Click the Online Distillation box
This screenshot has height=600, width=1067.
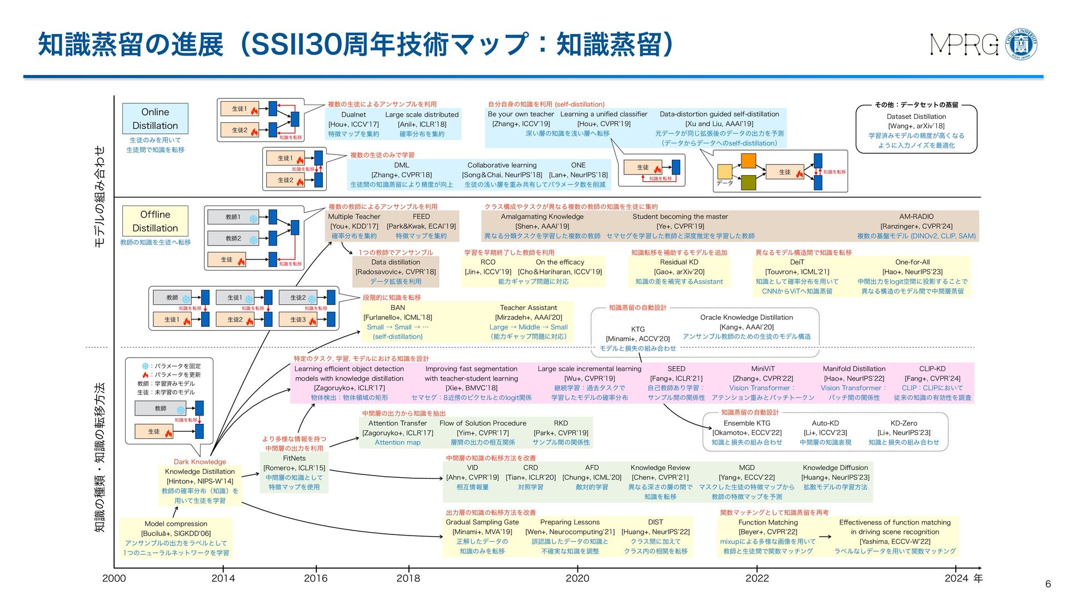155,118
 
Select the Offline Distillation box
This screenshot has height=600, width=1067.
155,221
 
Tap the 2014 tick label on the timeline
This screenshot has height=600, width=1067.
223,578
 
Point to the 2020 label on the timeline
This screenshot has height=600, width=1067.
577,578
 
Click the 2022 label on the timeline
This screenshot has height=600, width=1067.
757,578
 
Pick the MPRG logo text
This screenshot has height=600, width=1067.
964,45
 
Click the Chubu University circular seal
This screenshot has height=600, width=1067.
1021,44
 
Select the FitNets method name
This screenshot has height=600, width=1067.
294,458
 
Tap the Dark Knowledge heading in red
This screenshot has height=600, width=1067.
200,462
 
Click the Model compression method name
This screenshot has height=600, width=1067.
176,524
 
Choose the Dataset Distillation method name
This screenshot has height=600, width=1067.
916,117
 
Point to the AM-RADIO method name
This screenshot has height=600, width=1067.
916,217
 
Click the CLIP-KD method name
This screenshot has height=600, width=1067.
932,369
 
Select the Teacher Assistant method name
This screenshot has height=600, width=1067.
528,308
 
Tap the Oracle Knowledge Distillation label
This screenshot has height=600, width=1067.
746,318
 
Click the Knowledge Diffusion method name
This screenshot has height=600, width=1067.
835,468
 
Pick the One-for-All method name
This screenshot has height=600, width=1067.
912,262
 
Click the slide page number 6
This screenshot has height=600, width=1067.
1048,584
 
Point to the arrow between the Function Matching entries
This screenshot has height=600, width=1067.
825,537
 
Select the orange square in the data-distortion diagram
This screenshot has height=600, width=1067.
749,161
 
